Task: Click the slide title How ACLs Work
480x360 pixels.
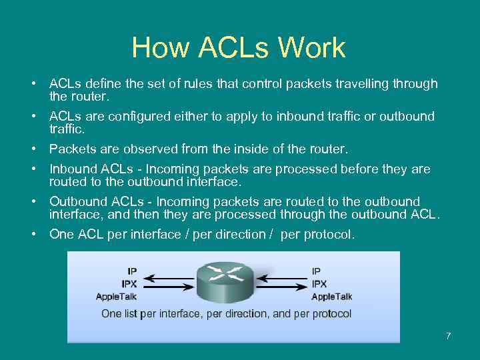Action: [x=239, y=48]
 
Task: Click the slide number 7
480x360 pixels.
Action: [x=449, y=335]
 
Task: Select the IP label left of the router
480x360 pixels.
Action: [x=132, y=271]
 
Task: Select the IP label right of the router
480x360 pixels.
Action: [x=316, y=271]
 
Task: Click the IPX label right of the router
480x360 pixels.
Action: [x=319, y=283]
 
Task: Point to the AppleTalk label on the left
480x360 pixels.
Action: [x=117, y=296]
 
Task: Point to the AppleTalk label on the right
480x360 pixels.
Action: [x=331, y=296]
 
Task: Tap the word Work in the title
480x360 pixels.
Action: [x=312, y=48]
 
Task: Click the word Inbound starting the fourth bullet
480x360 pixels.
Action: [x=73, y=169]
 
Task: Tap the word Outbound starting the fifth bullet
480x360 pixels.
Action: [x=78, y=201]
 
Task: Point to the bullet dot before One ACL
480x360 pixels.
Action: [x=32, y=234]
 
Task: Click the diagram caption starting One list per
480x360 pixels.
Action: [x=226, y=313]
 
